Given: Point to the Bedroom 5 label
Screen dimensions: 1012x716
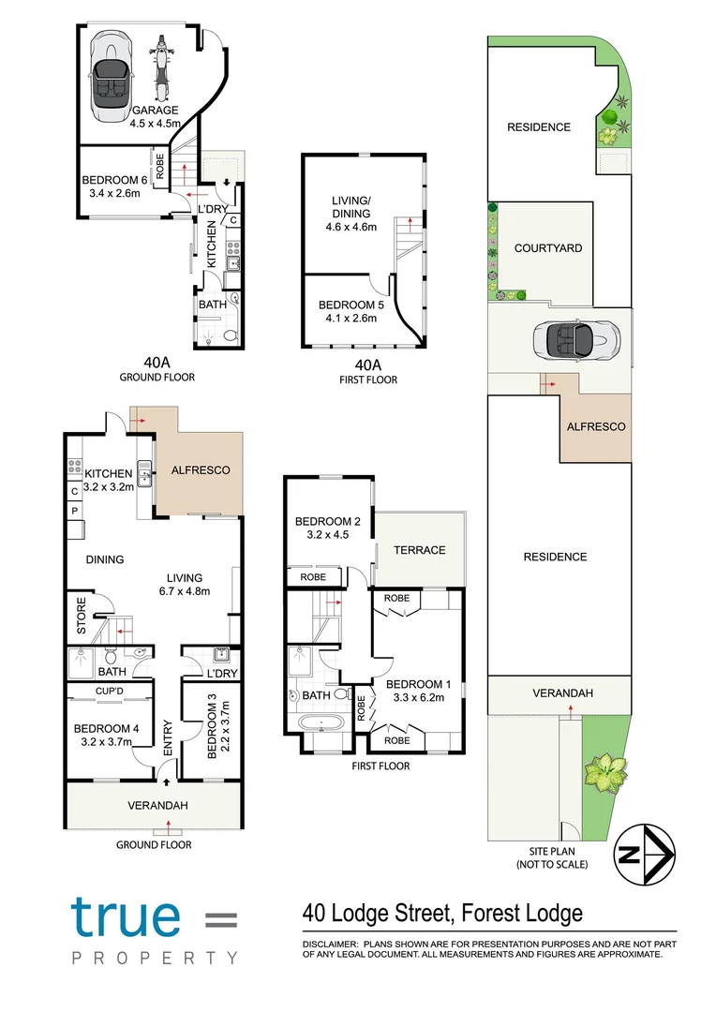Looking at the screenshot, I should point(348,305).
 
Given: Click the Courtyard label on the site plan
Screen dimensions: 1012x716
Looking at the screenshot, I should point(548,248).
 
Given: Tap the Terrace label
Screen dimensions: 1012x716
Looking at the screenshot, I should point(419,550).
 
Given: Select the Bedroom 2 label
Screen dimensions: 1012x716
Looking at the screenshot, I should point(328,522).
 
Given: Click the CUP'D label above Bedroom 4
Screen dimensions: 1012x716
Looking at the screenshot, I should point(111,692).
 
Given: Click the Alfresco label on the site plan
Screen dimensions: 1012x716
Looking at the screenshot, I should point(595,426).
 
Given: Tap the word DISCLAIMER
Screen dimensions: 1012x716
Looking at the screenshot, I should point(328,944).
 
